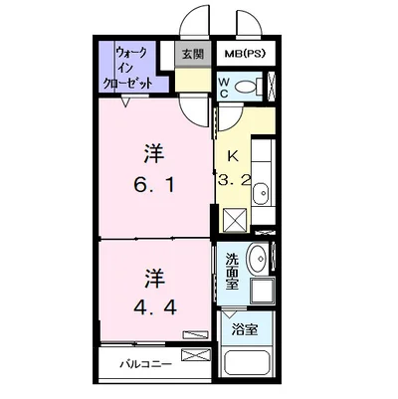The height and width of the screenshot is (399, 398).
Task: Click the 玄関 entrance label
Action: (x=193, y=54)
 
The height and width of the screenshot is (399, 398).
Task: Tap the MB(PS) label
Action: (x=245, y=54)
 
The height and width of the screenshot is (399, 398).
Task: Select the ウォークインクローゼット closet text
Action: (x=129, y=68)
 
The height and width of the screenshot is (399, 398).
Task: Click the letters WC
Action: (x=224, y=88)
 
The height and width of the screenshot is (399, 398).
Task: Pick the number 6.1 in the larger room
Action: (x=154, y=185)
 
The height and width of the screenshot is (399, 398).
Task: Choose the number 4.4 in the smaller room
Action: (x=155, y=307)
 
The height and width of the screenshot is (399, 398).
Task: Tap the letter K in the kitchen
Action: (x=233, y=155)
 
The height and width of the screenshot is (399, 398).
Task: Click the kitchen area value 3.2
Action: (x=233, y=181)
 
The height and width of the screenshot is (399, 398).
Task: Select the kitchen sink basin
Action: (x=261, y=193)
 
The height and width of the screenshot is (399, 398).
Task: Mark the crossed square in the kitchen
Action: (x=235, y=220)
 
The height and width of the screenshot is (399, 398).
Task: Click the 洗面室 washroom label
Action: (x=232, y=272)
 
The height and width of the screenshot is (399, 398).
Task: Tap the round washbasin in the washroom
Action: (x=258, y=259)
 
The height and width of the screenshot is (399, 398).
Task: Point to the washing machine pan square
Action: (x=263, y=292)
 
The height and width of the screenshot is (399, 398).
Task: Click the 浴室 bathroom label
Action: (x=245, y=329)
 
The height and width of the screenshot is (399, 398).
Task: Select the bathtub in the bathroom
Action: (x=248, y=362)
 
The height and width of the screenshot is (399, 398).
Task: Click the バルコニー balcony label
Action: (x=146, y=364)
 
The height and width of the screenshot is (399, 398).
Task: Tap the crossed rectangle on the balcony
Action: (x=196, y=355)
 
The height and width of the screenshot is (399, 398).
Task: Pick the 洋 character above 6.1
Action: (x=154, y=154)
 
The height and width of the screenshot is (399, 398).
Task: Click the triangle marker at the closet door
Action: (x=126, y=101)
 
